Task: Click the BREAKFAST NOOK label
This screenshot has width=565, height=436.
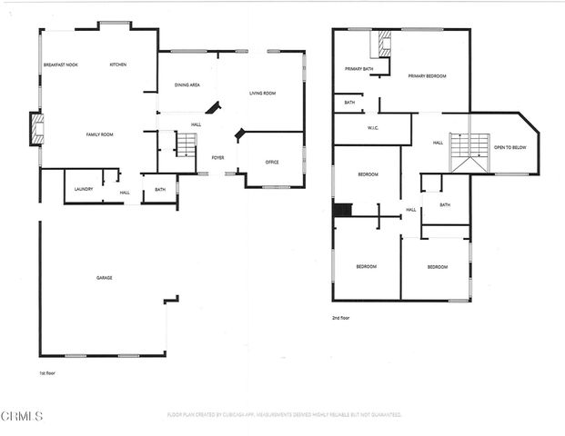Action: pos(61,64)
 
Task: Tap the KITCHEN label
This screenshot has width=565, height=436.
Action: pos(118,64)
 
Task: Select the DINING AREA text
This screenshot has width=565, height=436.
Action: pos(187,85)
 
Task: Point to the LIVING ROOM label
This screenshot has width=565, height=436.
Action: pos(263,93)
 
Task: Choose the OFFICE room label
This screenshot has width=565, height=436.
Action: pos(272,162)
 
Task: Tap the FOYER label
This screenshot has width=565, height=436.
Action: pos(218,157)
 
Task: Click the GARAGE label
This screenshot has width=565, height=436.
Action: pos(105,277)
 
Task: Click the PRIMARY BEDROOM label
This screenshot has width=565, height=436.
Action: pos(427,75)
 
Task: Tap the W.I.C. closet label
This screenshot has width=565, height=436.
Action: pos(373,128)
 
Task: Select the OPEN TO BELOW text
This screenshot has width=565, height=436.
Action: pos(510,146)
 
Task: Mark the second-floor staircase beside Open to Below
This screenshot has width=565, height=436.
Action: pos(470,151)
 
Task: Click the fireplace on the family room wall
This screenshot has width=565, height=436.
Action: pos(36,129)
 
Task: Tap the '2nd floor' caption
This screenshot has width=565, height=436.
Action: pos(341,318)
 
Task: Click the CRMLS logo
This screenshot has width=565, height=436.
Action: pos(22,417)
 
